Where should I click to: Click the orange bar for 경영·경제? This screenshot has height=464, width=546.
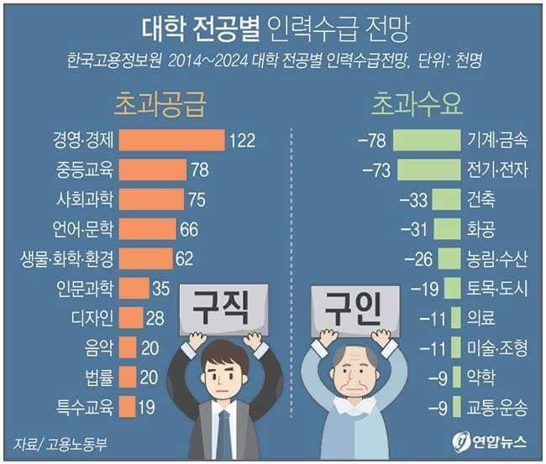click(x=173, y=140)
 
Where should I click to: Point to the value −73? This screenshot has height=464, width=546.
click(x=376, y=170)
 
